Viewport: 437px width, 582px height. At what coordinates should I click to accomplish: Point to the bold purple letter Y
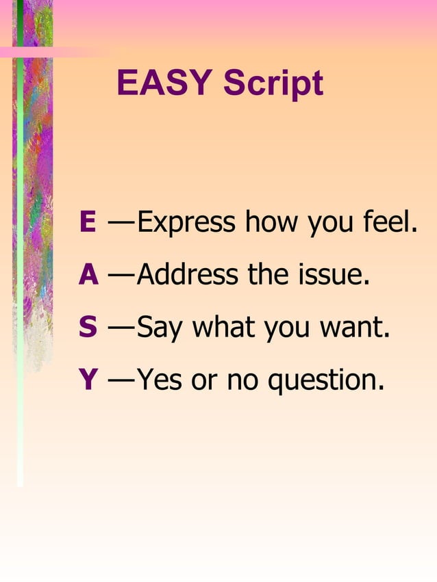point(88,380)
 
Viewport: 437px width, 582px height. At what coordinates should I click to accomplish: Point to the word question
point(326,381)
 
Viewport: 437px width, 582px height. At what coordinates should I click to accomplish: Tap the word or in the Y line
point(204,381)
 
